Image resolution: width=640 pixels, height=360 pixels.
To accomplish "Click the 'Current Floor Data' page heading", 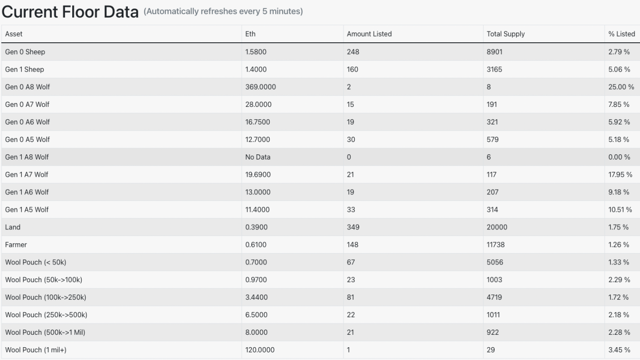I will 70,12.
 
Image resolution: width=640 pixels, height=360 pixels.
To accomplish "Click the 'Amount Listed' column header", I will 369,34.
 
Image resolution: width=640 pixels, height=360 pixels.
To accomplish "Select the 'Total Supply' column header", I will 506,34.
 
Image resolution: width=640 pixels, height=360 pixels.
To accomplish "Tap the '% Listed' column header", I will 621,34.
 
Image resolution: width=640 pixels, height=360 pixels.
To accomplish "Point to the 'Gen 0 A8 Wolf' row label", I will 27,87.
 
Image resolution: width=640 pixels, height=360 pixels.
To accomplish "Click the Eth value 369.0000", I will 260,87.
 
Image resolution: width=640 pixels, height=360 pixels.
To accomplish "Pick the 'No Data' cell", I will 258,157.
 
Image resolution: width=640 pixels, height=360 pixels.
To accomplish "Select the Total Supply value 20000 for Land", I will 497,227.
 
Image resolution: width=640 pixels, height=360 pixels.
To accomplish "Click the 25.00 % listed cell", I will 621,87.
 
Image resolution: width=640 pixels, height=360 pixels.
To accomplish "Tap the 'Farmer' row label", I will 16,245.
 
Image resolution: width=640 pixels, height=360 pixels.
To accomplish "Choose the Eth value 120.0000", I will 259,350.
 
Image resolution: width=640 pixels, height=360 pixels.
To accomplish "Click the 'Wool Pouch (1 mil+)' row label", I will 39,350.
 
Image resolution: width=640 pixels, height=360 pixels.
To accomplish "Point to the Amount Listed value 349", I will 353,227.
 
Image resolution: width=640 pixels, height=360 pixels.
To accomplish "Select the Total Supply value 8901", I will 495,52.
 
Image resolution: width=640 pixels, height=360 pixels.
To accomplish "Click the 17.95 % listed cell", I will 620,175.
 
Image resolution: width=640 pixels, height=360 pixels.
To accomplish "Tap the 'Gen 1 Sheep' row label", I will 25,69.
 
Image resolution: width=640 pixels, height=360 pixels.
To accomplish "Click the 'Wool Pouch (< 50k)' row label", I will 36,263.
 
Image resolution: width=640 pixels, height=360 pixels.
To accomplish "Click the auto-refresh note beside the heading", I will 223,11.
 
